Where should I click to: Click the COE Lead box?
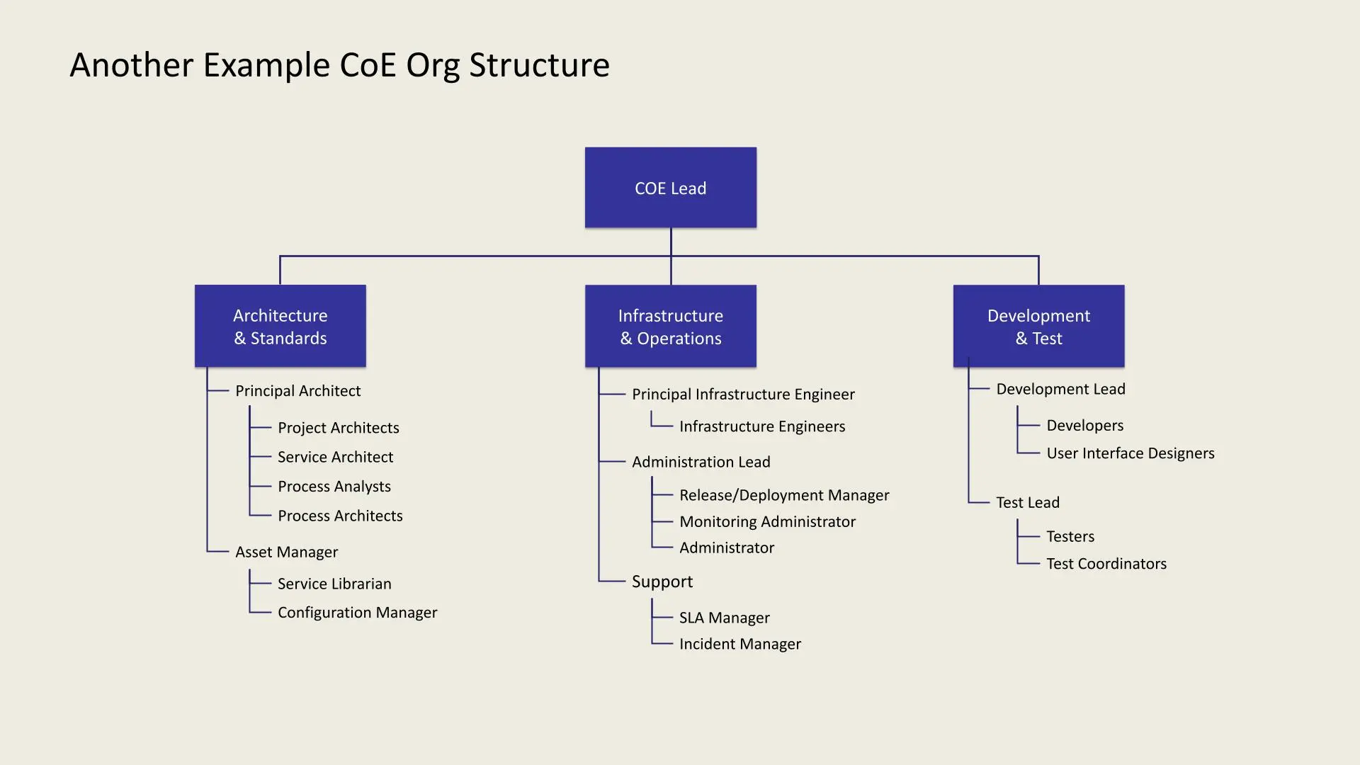pos(670,188)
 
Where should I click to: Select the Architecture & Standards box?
pos(280,326)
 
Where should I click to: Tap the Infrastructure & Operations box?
pos(670,326)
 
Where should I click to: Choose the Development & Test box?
pos(1038,326)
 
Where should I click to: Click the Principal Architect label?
pos(297,391)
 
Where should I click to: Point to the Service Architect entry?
pos(335,457)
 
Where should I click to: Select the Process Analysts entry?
pos(334,487)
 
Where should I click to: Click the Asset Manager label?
pos(286,552)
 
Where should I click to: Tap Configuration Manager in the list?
pos(357,612)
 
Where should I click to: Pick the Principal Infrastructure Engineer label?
pos(743,394)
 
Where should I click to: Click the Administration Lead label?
pos(701,462)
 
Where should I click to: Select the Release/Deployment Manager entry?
pos(784,495)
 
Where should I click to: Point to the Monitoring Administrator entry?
pos(767,521)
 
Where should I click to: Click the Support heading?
pos(662,582)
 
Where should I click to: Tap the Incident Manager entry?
pos(739,644)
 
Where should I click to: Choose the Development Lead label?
pos(1060,389)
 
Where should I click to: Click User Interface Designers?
pos(1130,453)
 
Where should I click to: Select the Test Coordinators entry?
pos(1106,564)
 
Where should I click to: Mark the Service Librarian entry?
pos(334,584)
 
